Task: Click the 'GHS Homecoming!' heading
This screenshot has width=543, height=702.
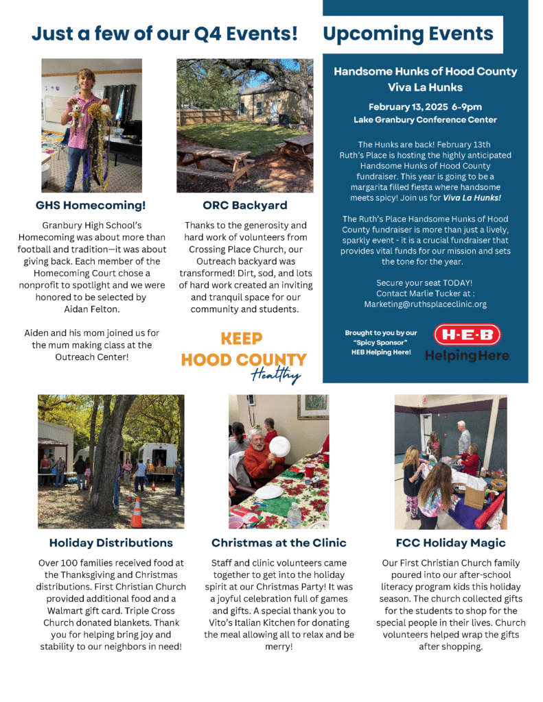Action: point(91,205)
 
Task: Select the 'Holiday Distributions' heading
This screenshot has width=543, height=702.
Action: point(111,542)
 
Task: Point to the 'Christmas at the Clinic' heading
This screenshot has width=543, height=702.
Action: point(279,542)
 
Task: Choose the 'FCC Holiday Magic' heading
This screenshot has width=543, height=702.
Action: point(451,542)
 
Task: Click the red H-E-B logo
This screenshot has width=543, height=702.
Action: point(467,335)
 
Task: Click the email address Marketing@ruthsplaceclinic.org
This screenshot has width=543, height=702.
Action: point(425,304)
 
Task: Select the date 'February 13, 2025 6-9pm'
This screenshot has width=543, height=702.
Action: point(425,107)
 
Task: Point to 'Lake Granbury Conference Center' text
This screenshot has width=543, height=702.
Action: point(425,120)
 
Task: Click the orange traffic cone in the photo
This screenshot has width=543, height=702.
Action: point(137,512)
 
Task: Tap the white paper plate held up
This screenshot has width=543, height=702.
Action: point(279,447)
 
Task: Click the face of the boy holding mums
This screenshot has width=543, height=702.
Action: point(86,76)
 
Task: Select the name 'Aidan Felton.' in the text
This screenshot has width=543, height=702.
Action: point(91,310)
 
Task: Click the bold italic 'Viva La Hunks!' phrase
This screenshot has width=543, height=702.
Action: point(472,199)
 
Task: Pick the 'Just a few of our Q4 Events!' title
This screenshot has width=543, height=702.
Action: point(165,34)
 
